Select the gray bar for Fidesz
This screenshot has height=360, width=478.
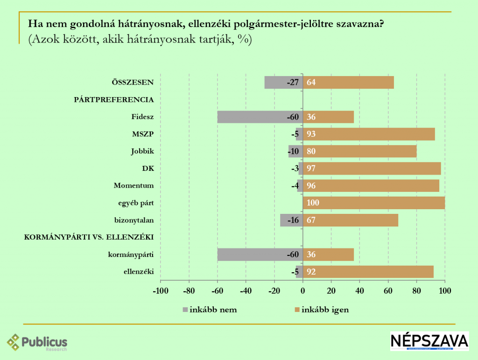(260, 117)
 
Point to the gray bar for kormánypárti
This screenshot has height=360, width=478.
(260, 254)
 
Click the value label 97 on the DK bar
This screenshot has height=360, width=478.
(311, 169)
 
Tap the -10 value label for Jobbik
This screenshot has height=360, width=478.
(294, 151)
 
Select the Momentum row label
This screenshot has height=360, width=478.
(134, 185)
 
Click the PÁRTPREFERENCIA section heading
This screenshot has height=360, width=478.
(114, 99)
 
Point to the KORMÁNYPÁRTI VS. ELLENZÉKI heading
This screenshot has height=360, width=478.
(89, 237)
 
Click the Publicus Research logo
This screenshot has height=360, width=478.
(37, 342)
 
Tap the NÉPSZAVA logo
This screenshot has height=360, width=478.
(429, 341)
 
